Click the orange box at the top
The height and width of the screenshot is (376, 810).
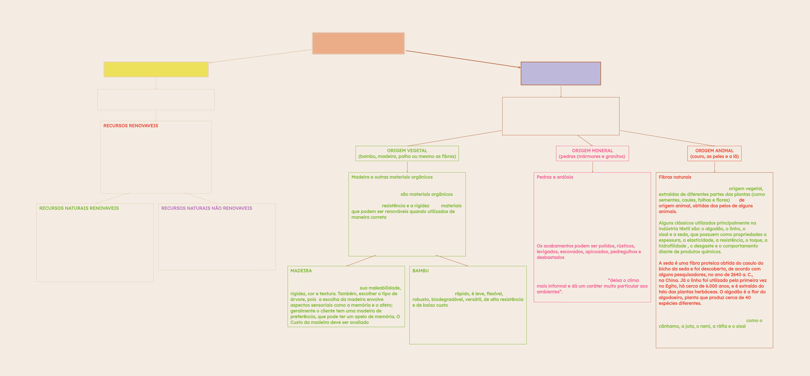pos(358,43)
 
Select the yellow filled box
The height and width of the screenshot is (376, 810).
pos(156,69)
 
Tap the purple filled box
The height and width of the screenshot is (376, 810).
pos(561,74)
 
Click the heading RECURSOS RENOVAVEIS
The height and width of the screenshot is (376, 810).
pos(131,126)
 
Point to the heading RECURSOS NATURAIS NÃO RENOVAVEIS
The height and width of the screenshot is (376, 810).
pos(207,208)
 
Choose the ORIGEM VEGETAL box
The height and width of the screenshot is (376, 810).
pos(407,153)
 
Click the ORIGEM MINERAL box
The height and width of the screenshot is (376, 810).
pos(592,153)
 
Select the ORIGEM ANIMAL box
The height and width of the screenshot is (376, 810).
pos(714,153)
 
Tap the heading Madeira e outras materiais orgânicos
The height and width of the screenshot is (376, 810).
pos(392,177)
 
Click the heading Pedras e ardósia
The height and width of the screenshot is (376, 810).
pos(555,177)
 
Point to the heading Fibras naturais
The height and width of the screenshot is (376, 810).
pos(675,177)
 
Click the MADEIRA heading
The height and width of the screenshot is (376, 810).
pos(301,271)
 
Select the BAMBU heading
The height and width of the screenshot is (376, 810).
pos(420,271)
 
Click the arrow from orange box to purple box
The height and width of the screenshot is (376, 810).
pos(462,59)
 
